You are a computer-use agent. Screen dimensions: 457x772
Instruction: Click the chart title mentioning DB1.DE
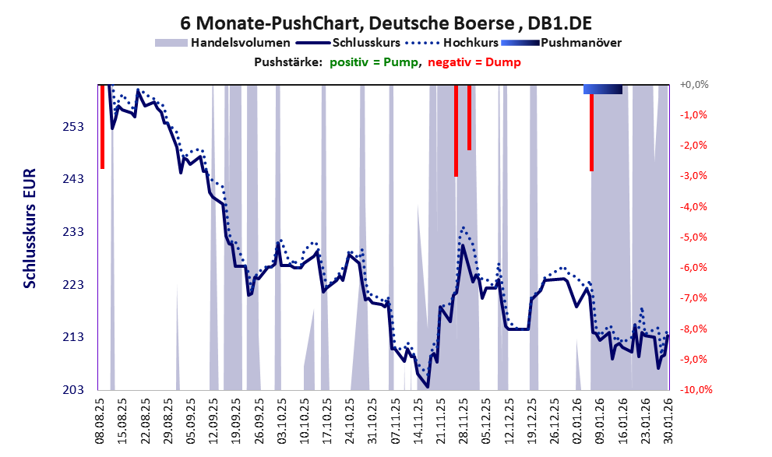385,21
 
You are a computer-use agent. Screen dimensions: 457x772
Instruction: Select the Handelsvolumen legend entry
223,43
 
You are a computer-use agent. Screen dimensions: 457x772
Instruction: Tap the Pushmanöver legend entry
561,43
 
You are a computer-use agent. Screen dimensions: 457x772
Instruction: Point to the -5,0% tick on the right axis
693,237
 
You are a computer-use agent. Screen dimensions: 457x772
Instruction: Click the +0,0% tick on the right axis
693,84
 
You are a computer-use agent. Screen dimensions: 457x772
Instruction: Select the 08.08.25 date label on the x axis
100,420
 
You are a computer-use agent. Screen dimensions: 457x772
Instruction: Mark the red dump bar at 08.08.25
102,126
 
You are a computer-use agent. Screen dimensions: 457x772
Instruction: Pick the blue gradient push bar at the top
603,90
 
